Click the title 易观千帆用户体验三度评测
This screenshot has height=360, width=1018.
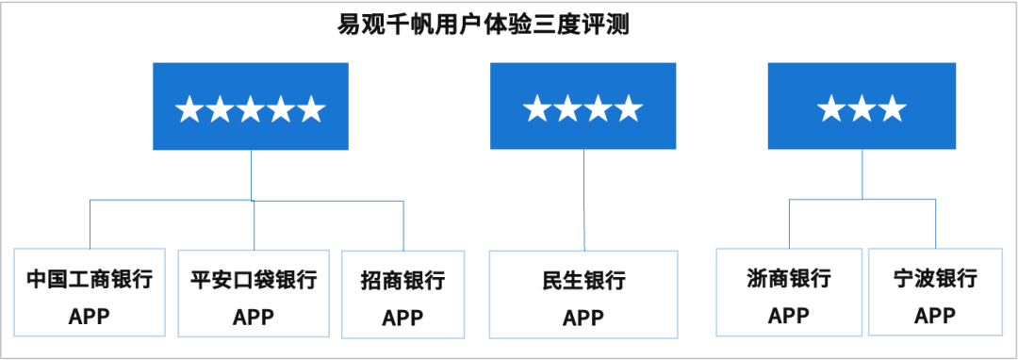(x=483, y=23)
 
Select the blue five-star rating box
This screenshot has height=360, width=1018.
(x=250, y=106)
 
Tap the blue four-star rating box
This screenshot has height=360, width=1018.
(x=583, y=106)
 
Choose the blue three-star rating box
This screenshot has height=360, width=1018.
(x=862, y=106)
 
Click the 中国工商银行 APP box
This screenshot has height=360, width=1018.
(x=90, y=292)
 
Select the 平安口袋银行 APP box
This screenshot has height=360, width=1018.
(x=254, y=292)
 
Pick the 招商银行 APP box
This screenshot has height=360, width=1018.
(x=402, y=294)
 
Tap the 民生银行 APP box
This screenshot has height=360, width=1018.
(x=583, y=294)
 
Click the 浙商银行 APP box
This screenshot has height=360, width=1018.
(x=789, y=292)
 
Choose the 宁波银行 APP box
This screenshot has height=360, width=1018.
(x=936, y=292)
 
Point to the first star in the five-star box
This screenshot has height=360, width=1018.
(x=189, y=110)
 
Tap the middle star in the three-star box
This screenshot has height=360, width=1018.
(x=862, y=110)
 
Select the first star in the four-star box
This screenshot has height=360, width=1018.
(x=537, y=109)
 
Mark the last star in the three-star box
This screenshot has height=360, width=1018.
(x=893, y=110)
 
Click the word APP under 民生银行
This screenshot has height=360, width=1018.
(x=583, y=319)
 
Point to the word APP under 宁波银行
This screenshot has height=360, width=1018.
(x=936, y=316)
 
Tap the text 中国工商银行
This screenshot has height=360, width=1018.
(x=90, y=280)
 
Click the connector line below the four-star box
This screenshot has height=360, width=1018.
(x=583, y=198)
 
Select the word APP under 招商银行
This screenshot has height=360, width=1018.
(x=402, y=319)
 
